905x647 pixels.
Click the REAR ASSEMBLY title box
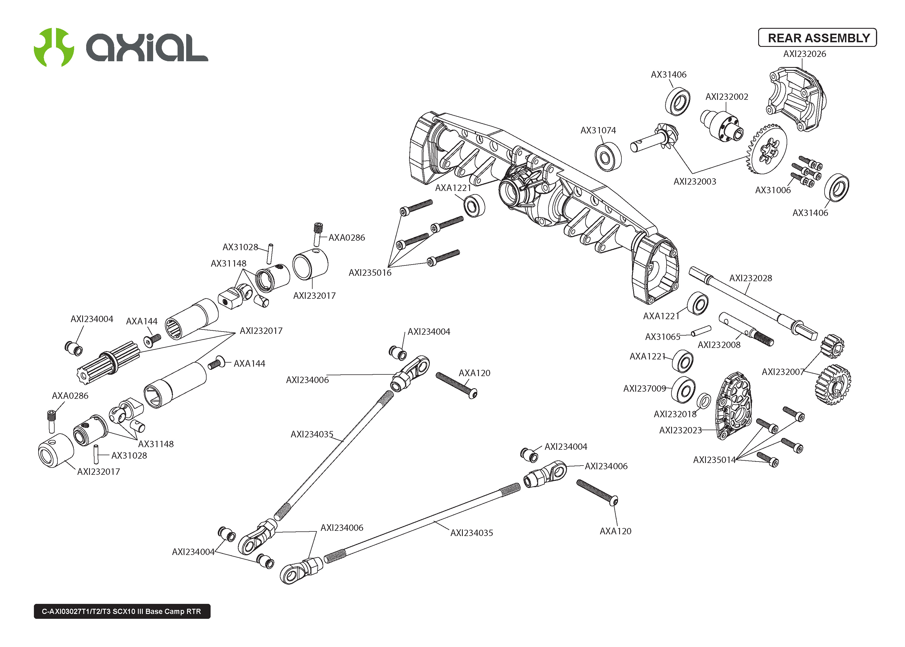[817, 38]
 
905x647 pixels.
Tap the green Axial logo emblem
[54, 47]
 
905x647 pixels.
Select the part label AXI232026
[804, 54]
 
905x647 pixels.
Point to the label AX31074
[598, 130]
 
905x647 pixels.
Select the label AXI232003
[694, 182]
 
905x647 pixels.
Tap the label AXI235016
[370, 273]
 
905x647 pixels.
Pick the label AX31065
[662, 337]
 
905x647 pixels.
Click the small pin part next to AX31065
[700, 331]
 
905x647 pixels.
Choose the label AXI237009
[644, 388]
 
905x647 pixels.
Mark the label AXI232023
[680, 430]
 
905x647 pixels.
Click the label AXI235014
[714, 460]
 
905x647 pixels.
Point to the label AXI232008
[719, 345]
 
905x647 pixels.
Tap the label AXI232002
[726, 97]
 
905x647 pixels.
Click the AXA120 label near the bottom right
[615, 531]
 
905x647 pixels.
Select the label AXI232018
[675, 414]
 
